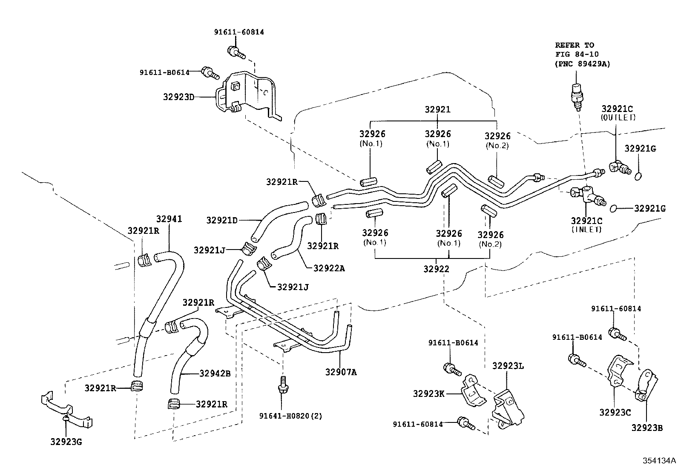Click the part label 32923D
point(178,97)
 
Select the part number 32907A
point(341,372)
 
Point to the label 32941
point(169,219)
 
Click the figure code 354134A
point(659,460)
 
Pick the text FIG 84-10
point(577,54)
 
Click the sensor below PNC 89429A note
point(576,96)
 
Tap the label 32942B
point(215,373)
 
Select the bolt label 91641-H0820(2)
point(290,416)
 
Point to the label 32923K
point(428,393)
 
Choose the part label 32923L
point(508,366)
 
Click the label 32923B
point(647,428)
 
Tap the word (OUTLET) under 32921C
point(618,118)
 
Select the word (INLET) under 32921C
point(586,230)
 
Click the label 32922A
point(329,268)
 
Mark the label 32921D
point(222,220)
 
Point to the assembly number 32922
point(436,269)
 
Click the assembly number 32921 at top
point(438,109)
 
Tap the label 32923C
point(615,412)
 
